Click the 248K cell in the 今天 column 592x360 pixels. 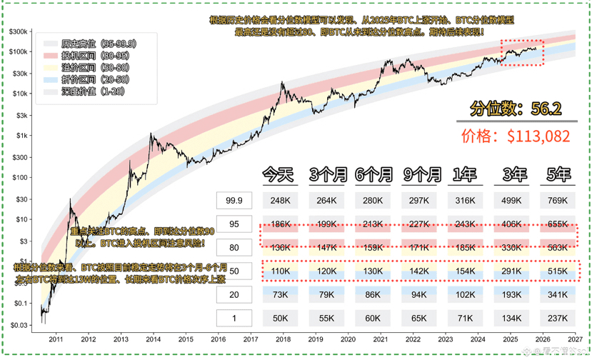281,201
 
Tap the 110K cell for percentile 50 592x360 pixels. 281,272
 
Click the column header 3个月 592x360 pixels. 328,174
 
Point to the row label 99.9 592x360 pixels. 234,201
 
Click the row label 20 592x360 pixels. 234,295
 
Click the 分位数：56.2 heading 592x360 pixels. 516,109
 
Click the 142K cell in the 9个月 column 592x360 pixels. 421,272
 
